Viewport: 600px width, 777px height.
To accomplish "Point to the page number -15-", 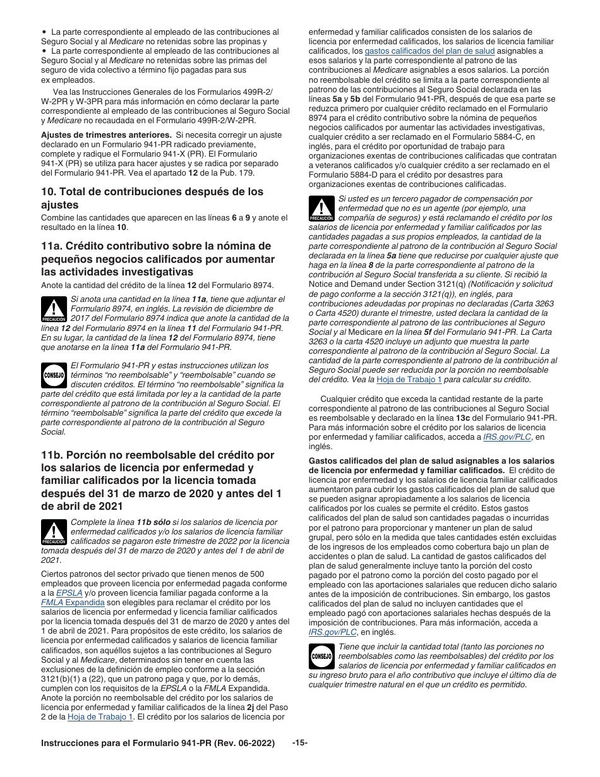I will click(300, 744).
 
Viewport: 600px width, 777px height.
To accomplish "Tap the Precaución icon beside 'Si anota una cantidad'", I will click(54, 308).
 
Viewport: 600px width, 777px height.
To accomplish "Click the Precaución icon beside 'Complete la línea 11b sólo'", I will click(54, 531).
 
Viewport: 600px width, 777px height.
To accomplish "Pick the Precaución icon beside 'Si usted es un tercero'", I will click(321, 208).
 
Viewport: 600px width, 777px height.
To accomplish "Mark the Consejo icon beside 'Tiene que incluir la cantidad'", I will click(321, 656).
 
